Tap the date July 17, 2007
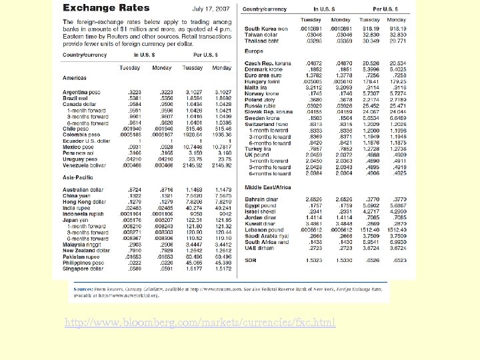(x=211, y=9)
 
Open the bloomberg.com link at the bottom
(x=200, y=323)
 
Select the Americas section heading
(x=75, y=78)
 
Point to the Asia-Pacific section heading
(x=78, y=177)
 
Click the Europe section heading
(x=254, y=51)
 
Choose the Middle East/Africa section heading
(x=267, y=188)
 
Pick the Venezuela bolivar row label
(x=85, y=164)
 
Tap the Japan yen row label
(x=75, y=220)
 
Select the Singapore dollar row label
(x=83, y=269)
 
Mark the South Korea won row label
(x=266, y=29)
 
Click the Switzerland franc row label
(x=267, y=123)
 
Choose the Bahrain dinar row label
(x=262, y=199)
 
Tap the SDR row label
(x=251, y=259)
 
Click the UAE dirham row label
(x=260, y=248)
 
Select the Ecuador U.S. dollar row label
(x=85, y=141)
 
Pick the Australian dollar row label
(x=83, y=189)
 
